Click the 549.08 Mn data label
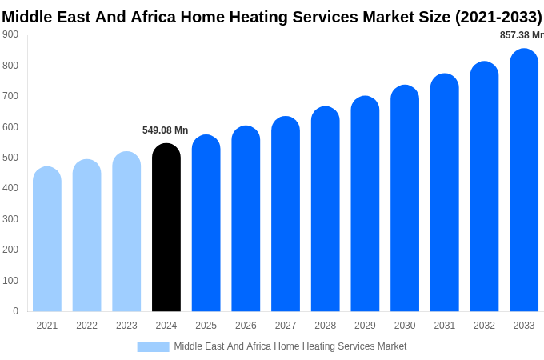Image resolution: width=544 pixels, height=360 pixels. [165, 130]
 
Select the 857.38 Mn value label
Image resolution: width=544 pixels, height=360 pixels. [521, 35]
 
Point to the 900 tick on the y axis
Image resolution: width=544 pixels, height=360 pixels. [10, 34]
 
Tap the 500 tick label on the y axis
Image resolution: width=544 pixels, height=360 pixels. [10, 158]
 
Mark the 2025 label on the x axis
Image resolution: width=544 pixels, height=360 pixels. [206, 326]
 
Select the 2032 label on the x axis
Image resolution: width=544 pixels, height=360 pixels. [484, 326]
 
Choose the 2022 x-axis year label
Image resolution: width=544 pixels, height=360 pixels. [86, 326]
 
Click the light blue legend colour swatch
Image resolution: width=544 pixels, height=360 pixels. [153, 346]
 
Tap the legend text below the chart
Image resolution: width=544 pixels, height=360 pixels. [290, 346]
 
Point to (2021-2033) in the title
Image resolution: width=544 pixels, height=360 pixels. [498, 17]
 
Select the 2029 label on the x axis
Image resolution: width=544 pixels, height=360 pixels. [365, 326]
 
